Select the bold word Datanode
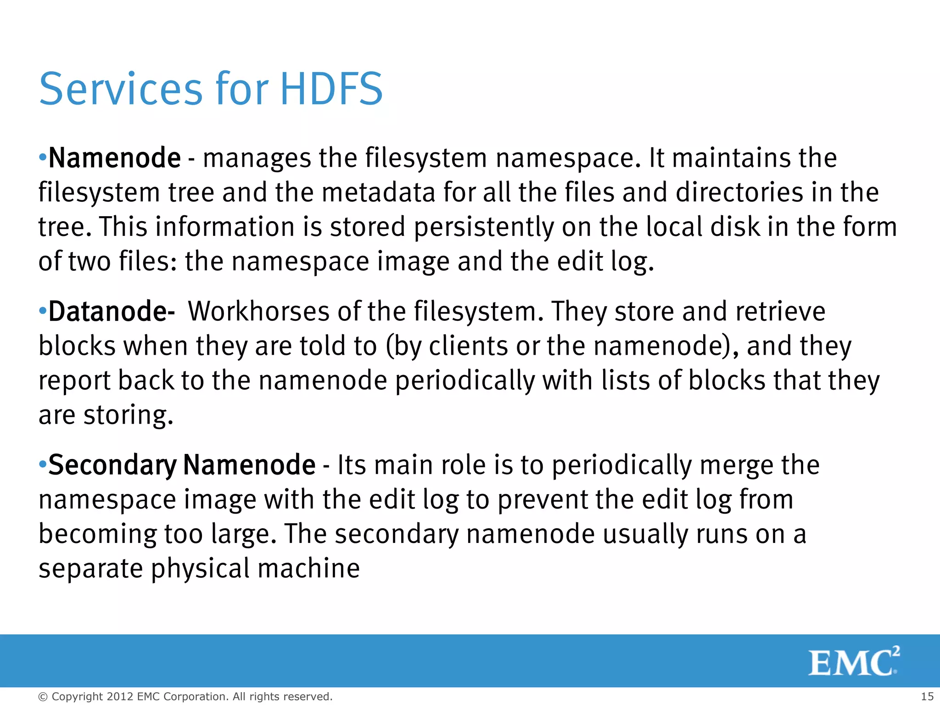pos(108,311)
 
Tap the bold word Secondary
pos(112,465)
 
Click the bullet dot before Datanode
pos(43,311)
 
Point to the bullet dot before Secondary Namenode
pos(43,464)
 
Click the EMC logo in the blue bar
pos(853,661)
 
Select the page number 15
pos(927,696)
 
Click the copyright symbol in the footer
pos(43,697)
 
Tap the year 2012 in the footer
pos(120,697)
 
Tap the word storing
pos(128,415)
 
